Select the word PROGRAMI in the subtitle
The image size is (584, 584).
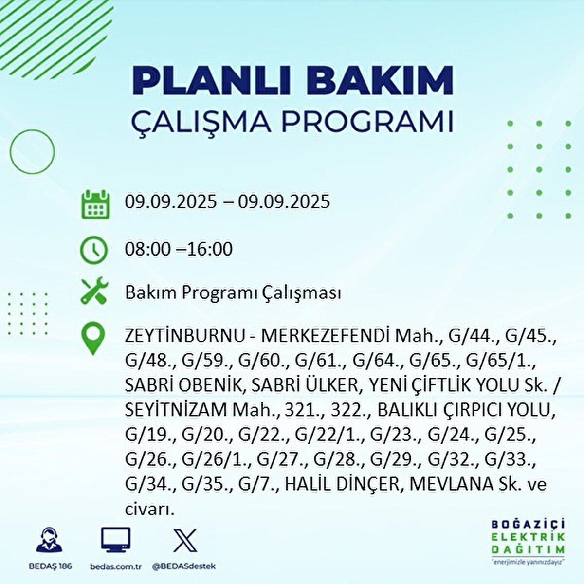pyautogui.click(x=368, y=122)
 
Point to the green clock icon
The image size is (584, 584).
pyautogui.click(x=93, y=250)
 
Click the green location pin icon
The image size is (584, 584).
pyautogui.click(x=93, y=339)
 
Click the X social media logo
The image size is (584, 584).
pyautogui.click(x=185, y=540)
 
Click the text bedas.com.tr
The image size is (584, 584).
pyautogui.click(x=115, y=566)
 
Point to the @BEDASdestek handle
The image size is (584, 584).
pyautogui.click(x=184, y=566)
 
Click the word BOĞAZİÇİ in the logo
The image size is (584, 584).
pyautogui.click(x=528, y=524)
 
